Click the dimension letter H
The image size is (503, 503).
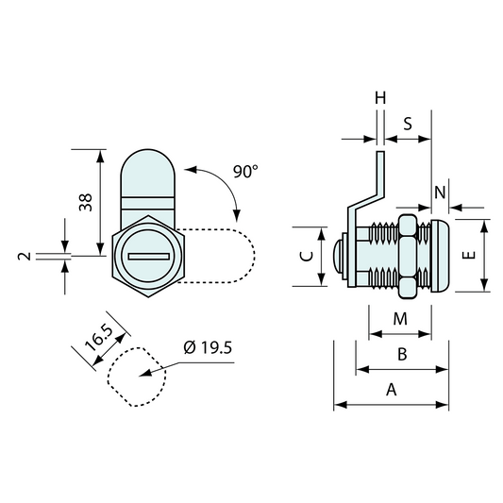(x=380, y=98)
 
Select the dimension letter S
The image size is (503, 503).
(x=408, y=124)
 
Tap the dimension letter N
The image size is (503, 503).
(x=440, y=192)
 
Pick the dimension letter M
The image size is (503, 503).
(x=399, y=319)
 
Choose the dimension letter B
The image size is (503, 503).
(x=401, y=354)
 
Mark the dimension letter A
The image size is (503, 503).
(x=391, y=389)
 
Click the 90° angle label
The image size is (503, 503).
(x=244, y=172)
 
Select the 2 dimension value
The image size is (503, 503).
(x=31, y=255)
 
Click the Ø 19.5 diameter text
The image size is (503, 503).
(x=207, y=348)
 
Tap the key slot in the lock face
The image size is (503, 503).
(x=148, y=256)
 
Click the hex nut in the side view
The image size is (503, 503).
(x=409, y=255)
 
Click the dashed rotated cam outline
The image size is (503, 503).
(x=226, y=255)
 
